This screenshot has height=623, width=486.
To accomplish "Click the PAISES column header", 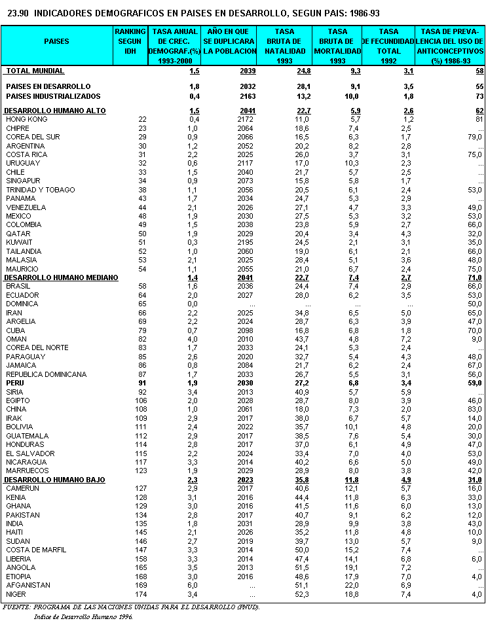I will click(56, 41).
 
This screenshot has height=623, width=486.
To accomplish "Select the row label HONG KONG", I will click(26, 119).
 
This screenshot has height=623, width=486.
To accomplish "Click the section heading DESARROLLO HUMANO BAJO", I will click(54, 480).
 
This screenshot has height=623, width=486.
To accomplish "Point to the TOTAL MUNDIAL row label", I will click(35, 70).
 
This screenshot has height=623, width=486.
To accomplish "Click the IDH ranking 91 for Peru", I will click(141, 383).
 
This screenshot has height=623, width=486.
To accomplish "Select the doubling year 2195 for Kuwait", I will click(243, 242).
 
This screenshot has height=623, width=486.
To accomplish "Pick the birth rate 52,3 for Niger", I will click(301, 594).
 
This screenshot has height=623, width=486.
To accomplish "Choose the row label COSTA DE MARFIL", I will click(36, 550).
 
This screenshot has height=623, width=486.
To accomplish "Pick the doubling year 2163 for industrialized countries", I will click(243, 96).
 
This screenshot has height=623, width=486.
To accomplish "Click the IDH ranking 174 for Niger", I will click(141, 594).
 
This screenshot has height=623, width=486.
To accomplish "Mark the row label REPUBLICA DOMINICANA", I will click(47, 374).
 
